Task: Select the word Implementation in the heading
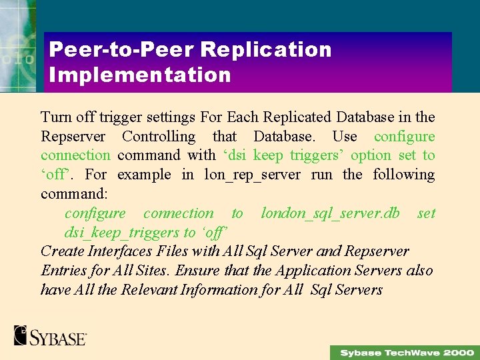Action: pos(140,74)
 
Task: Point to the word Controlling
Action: pos(159,137)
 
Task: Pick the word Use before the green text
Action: pos(345,137)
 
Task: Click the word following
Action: pos(403,175)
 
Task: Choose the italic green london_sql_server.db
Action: pos(331,213)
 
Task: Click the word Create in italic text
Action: pos(63,251)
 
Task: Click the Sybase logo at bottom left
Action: pos(50,335)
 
